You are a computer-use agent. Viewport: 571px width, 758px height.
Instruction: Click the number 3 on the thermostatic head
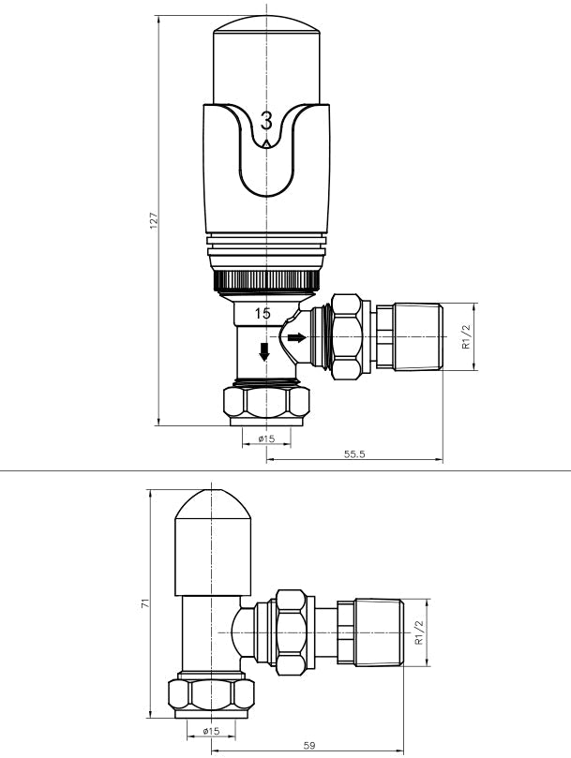(x=267, y=121)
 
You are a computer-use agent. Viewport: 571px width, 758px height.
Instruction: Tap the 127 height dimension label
(x=154, y=221)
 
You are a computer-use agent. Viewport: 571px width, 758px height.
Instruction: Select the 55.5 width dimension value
(x=354, y=453)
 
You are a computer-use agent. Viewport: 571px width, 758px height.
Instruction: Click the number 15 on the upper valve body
(x=264, y=314)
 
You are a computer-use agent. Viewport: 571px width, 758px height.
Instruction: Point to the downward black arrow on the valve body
(x=264, y=351)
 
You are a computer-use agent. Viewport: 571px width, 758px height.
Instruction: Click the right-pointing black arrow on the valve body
(x=296, y=336)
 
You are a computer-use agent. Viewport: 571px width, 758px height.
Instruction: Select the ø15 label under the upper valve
(x=266, y=438)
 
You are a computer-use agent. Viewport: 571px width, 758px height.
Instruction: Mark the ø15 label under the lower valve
(x=211, y=731)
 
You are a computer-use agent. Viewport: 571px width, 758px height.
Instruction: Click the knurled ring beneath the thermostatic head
(x=267, y=279)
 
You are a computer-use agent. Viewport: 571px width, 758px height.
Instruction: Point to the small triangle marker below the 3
(x=267, y=143)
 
